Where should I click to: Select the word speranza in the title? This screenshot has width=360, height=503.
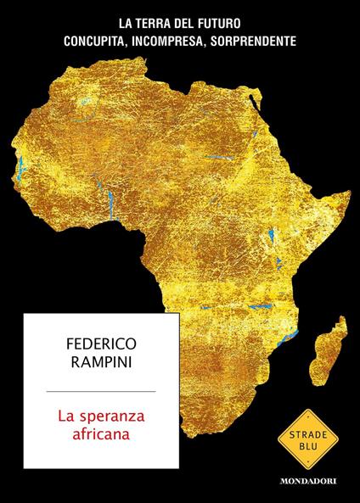click(x=110, y=416)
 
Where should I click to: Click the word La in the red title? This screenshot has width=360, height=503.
click(x=65, y=416)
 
